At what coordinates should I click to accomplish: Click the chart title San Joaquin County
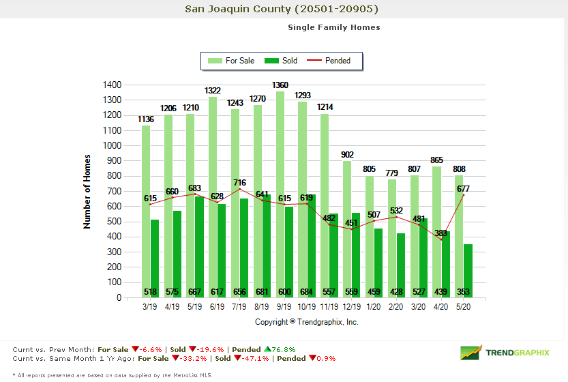coord(282,9)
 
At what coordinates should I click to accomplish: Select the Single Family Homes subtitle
coord(333,27)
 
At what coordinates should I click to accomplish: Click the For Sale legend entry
coord(233,61)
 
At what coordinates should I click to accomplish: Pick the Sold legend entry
coord(282,61)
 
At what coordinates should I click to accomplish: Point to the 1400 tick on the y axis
coord(113,85)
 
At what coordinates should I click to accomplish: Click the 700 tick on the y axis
coord(115,191)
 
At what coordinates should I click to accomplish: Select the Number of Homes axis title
coord(87,192)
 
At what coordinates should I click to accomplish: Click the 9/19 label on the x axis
coord(284,308)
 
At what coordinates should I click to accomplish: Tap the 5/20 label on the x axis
coord(462,308)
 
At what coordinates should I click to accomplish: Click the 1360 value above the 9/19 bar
coord(280,85)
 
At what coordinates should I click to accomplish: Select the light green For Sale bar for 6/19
coord(213,198)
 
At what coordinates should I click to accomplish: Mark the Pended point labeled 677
coord(464,195)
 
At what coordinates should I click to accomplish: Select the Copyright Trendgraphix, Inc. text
coord(307,322)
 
